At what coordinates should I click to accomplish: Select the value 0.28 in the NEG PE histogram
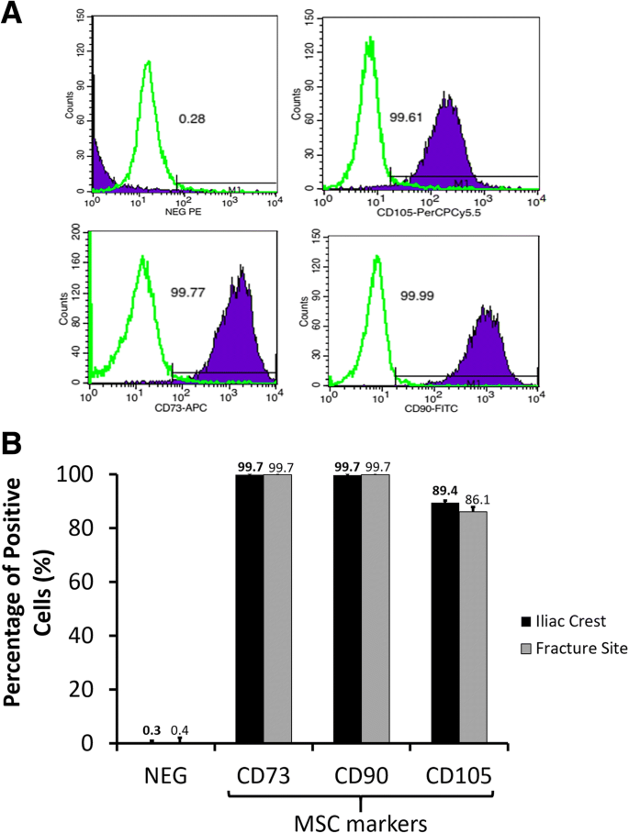(x=190, y=119)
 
